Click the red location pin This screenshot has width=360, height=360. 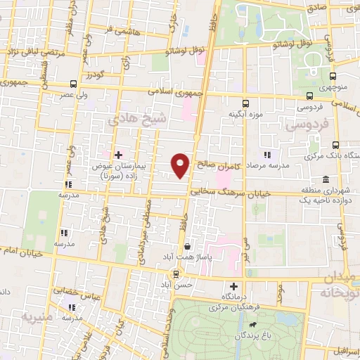[x=181, y=165]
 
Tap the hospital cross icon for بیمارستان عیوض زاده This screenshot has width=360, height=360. [x=117, y=154]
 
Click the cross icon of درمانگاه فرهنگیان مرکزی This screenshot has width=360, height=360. [x=234, y=286]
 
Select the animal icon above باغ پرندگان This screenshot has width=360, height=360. [x=252, y=325]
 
